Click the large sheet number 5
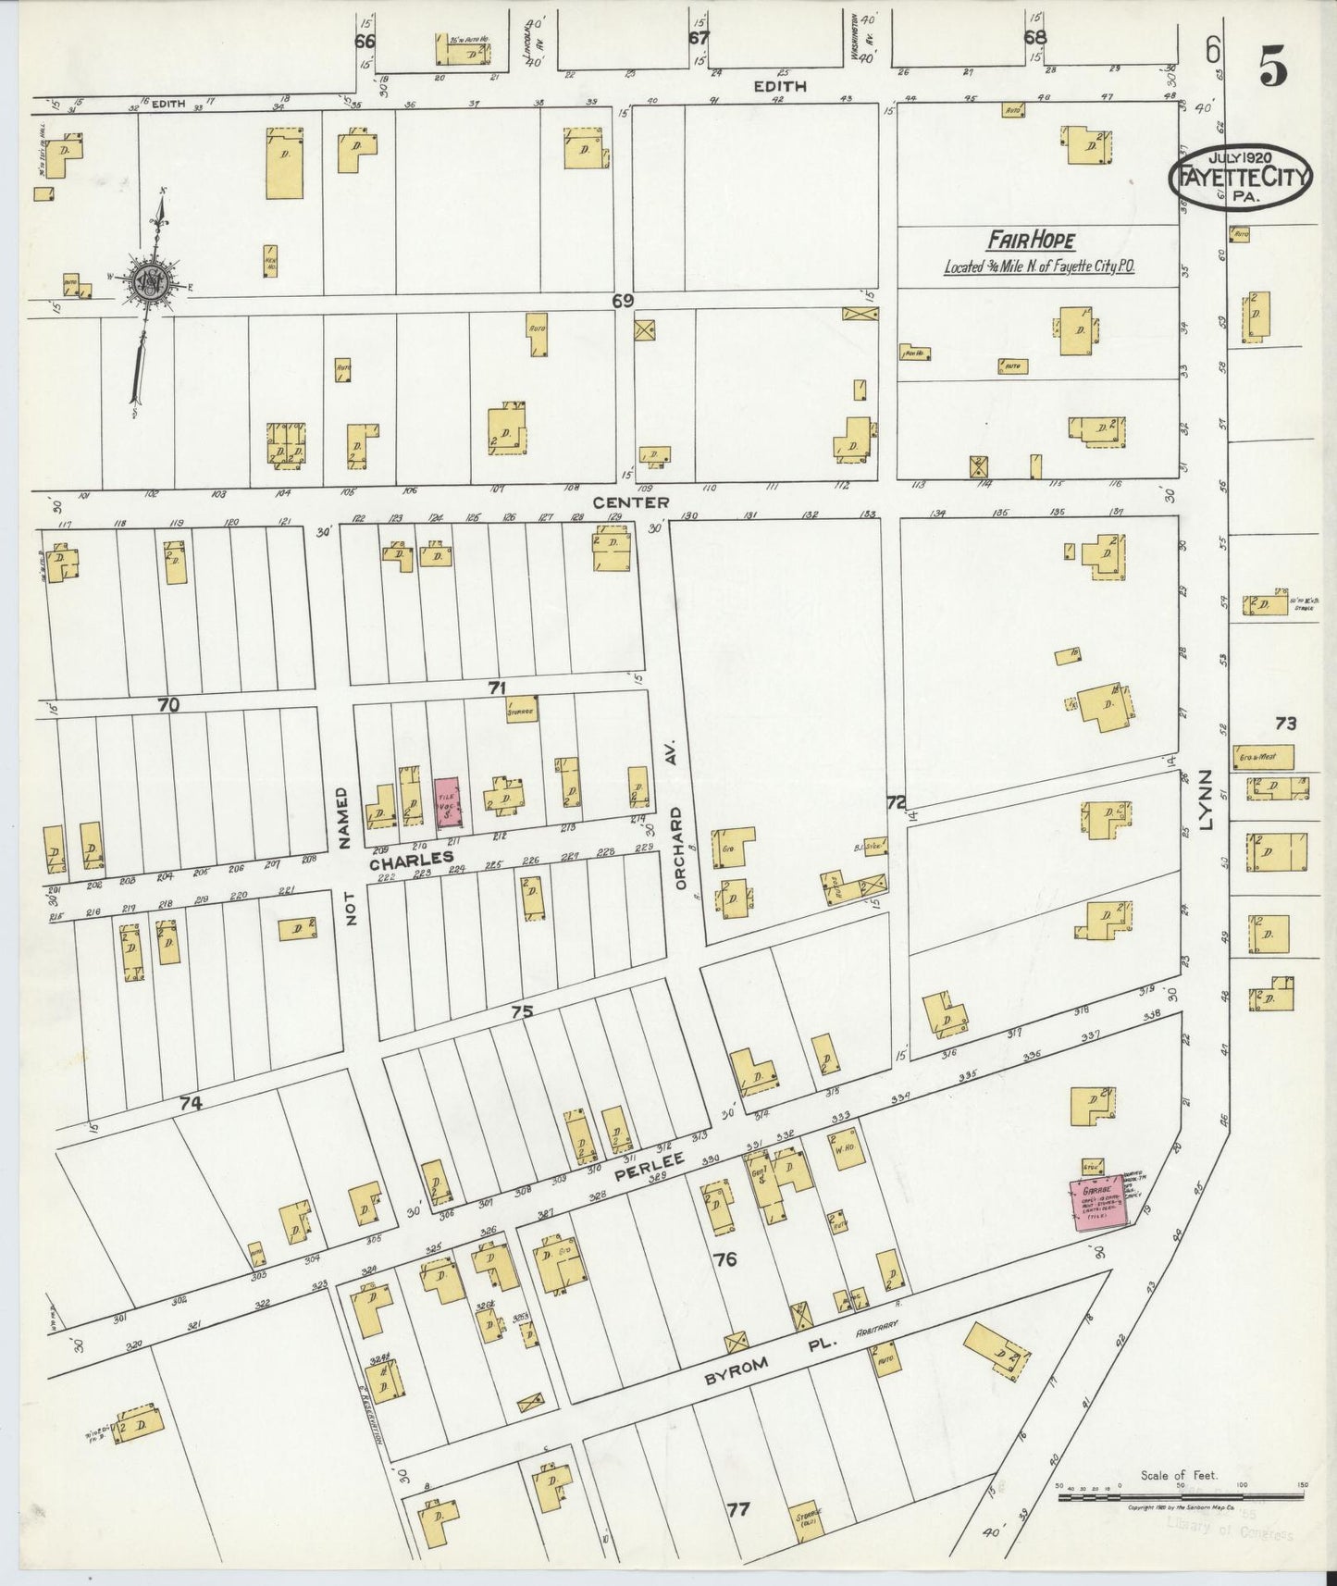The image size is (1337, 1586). (x=1273, y=67)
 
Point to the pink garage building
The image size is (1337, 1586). (x=1098, y=1202)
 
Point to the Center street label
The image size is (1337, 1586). (x=632, y=502)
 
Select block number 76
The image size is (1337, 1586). (x=725, y=1258)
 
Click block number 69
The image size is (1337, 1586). (x=623, y=301)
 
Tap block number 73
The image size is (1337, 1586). (x=1285, y=724)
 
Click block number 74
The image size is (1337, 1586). (x=191, y=1103)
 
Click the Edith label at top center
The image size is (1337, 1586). (x=779, y=86)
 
